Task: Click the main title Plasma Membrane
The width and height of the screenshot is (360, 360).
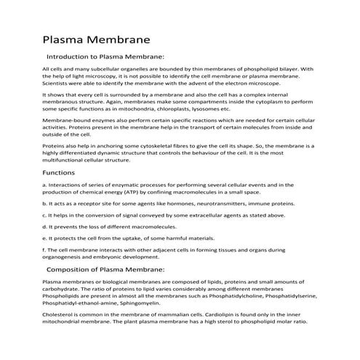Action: point(96,37)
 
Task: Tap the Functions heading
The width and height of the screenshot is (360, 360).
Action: point(59,173)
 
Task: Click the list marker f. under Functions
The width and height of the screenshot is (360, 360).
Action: point(45,250)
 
